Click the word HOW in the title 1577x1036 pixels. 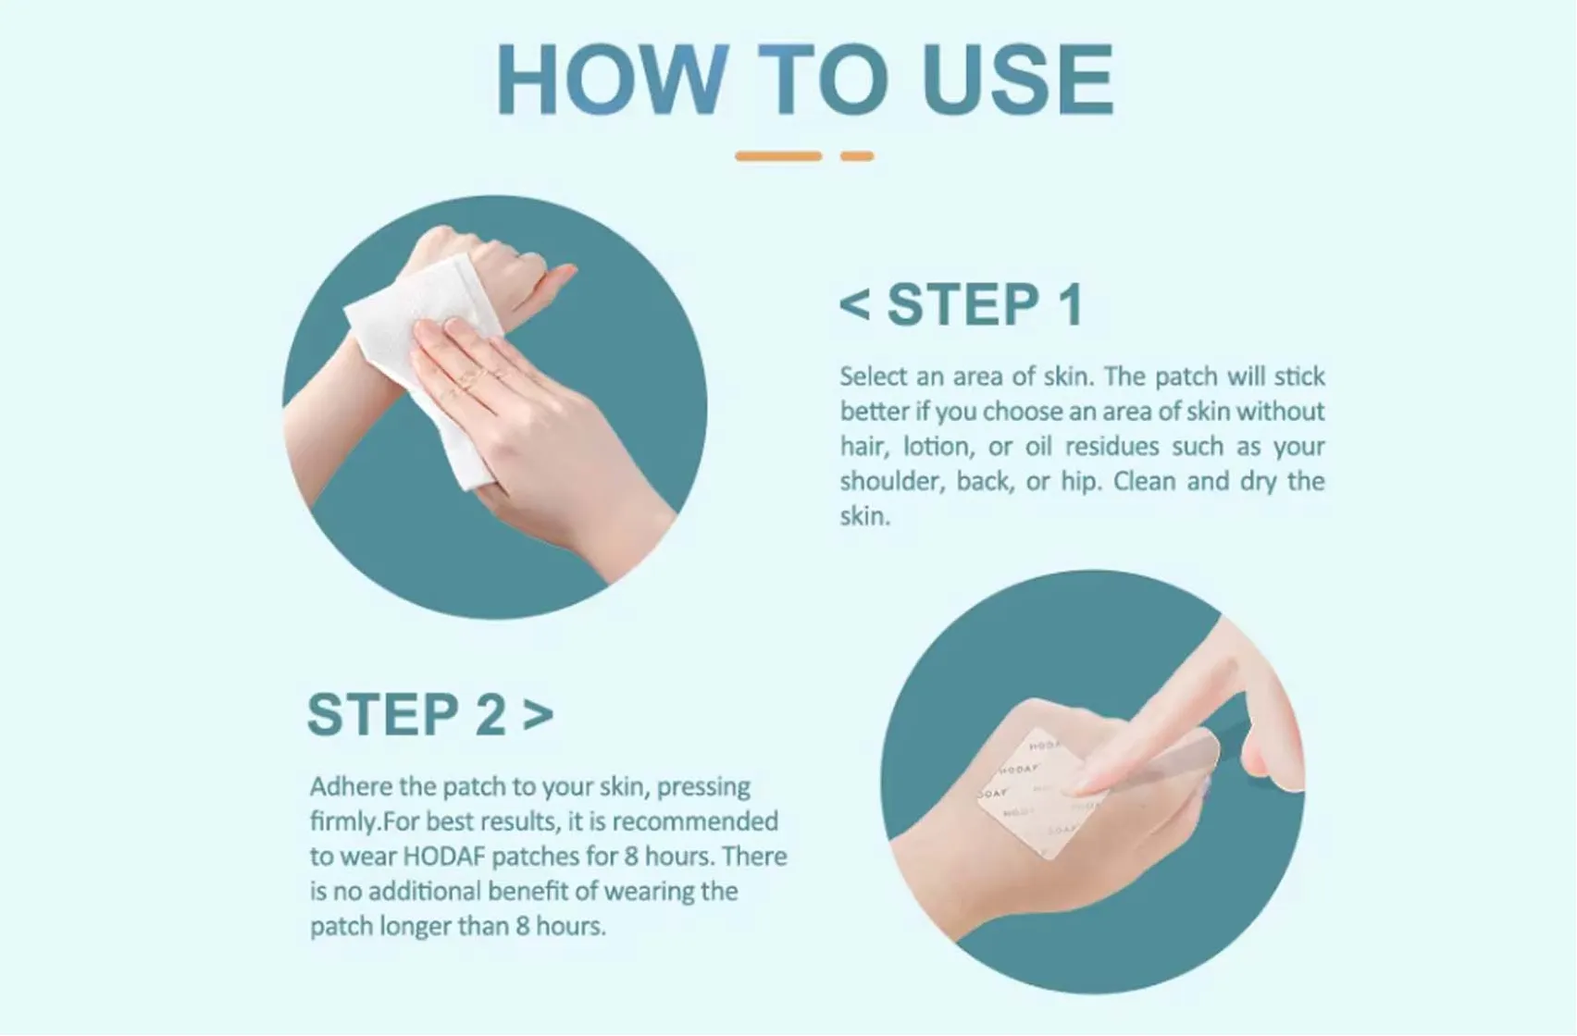[612, 80]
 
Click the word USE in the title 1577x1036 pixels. [1018, 80]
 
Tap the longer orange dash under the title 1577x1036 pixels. [778, 156]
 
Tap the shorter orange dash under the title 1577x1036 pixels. [857, 156]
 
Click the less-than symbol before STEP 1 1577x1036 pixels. [855, 304]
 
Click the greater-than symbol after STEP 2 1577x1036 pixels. [538, 715]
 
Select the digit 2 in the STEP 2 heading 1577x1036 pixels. [490, 715]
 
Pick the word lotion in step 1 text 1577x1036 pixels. [936, 447]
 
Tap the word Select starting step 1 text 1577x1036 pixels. [873, 376]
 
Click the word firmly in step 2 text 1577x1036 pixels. [343, 821]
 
